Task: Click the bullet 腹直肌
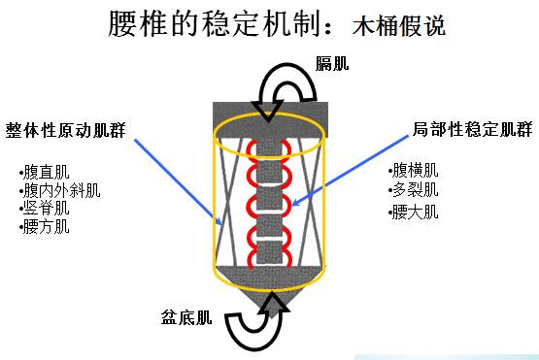click(x=44, y=172)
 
